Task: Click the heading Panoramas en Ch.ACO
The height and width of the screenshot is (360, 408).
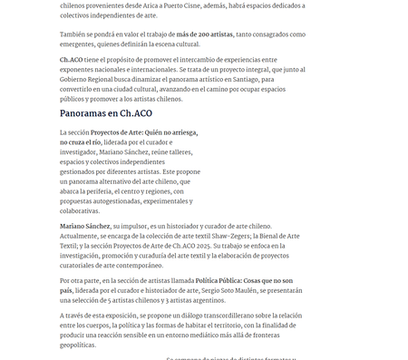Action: pos(106,113)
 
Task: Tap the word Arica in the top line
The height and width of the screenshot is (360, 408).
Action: pos(169,5)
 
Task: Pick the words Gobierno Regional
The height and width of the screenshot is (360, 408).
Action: pos(92,79)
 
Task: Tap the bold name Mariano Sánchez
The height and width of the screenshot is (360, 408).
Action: pos(85,225)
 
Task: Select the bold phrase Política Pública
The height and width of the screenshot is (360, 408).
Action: pos(224,281)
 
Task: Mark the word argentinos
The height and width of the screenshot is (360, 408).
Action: pos(205,301)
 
